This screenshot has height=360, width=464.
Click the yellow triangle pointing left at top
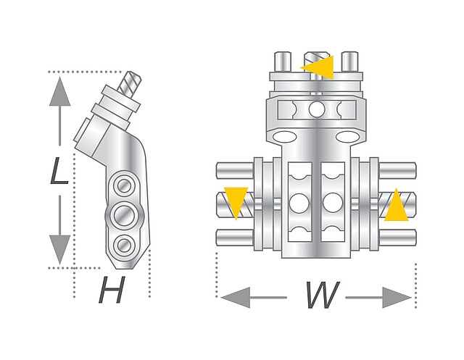(319, 67)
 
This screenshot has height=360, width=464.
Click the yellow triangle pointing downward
(236, 201)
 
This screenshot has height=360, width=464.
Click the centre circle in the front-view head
(317, 109)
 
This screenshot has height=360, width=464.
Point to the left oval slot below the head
(285, 137)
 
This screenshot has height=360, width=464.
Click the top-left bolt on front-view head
(283, 59)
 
